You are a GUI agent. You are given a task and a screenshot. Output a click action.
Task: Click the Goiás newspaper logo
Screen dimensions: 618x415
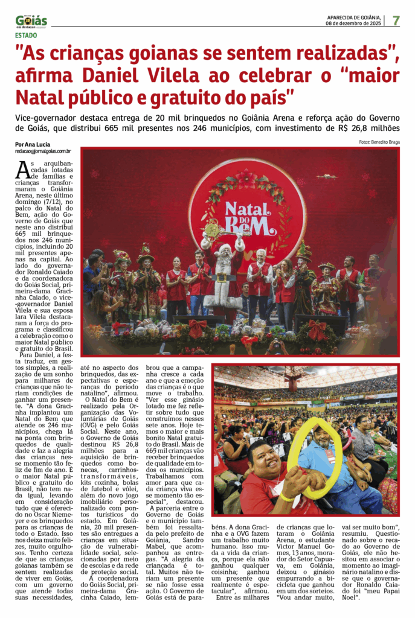(31, 22)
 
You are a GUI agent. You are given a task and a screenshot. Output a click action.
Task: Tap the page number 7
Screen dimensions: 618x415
(396, 20)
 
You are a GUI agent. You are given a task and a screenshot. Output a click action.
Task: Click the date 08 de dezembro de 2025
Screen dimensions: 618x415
(353, 24)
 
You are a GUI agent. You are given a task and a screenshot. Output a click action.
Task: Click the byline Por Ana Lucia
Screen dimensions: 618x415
(33, 145)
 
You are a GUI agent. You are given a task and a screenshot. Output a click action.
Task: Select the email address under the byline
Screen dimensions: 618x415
(43, 151)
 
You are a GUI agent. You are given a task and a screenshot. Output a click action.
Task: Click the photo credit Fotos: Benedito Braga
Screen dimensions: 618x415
(379, 142)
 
